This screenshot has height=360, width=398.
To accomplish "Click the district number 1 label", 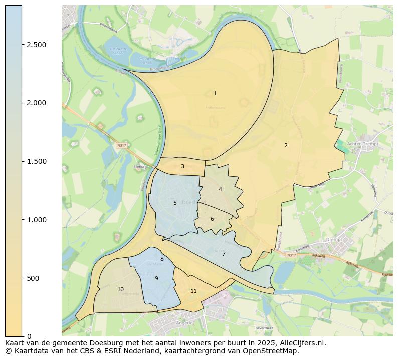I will coord(215,94).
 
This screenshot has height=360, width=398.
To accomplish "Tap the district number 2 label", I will coord(286,146).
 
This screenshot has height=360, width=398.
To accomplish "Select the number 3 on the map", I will coord(182,167).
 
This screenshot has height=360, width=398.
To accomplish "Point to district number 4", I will coord(220,190).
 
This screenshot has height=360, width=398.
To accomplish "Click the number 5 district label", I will coord(175,203).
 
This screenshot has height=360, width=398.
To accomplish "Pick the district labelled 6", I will coord(212,219).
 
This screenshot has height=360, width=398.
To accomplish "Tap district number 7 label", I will coord(224,254).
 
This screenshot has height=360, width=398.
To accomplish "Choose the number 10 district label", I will coord(120,290).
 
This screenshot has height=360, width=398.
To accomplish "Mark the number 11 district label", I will coord(193,291).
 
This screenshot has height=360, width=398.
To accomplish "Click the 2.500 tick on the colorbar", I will coord(36,45).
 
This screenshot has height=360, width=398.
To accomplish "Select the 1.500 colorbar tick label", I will coord(36,161).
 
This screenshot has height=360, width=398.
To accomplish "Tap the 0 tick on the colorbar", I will coord(29,336).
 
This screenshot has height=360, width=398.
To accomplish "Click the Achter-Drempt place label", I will coord(362,143).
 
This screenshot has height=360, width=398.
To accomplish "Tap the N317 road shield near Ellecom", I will coord(120,145).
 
